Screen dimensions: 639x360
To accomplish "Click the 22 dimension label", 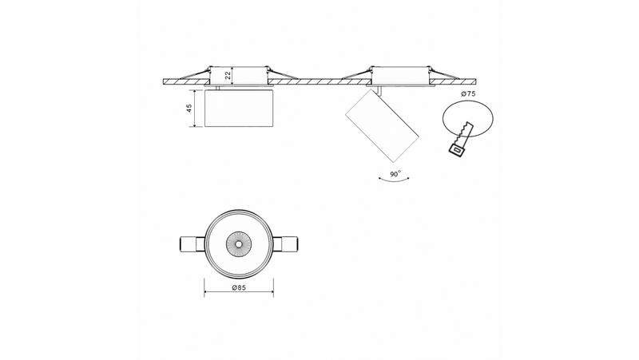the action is point(228,74).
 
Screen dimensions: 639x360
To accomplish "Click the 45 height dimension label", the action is point(189,108).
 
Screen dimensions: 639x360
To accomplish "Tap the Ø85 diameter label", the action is point(239,287).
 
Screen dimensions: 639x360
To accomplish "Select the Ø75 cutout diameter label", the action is point(468,93).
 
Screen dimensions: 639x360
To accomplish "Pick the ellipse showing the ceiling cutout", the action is point(467,118).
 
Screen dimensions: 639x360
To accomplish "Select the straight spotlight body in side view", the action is point(238,109).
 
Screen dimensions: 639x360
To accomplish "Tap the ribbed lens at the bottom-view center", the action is point(238,244).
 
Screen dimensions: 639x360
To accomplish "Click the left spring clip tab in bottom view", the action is point(192,244).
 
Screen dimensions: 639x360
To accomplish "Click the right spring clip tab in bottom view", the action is point(285,244).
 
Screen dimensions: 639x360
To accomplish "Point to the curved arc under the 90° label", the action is point(394,179).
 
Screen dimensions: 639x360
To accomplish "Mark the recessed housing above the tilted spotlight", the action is point(401,75).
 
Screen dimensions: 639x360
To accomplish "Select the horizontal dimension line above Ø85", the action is point(239,292).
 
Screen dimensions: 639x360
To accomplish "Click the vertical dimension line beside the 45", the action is point(196,109).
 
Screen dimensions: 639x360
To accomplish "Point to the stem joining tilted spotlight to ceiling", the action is point(380,90).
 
